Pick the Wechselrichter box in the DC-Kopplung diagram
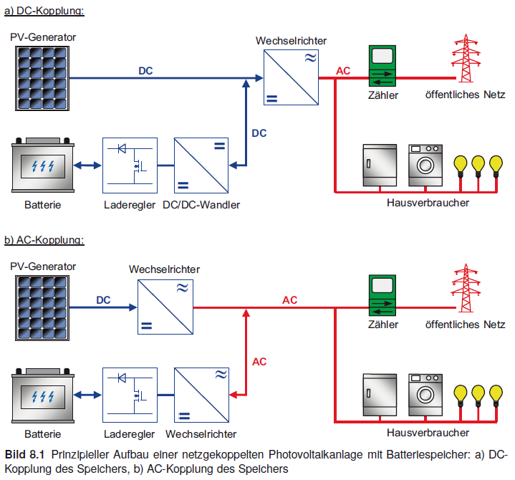pos(290,78)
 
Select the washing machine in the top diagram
pos(425,165)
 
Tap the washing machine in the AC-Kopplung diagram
pos(425,395)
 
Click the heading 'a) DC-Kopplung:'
pos(44,11)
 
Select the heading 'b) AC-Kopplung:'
pos(44,239)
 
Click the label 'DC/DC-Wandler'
pos(201,205)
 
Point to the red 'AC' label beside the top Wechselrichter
pos(343,70)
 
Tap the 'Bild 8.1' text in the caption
pos(24,455)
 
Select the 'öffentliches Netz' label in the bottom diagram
pos(465,325)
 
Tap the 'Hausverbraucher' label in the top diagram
pos(428,203)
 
